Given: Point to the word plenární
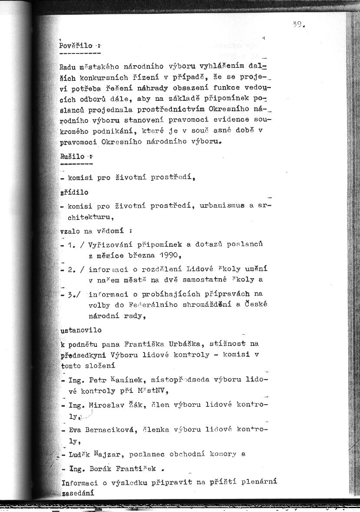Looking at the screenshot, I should (257, 482).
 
